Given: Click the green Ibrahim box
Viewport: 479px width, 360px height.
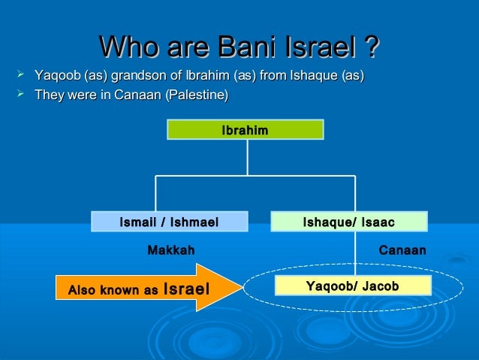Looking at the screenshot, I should (x=245, y=131).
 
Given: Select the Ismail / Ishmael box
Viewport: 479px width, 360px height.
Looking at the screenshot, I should (x=169, y=222).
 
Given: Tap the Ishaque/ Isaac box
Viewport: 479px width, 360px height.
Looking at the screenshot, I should (x=348, y=222).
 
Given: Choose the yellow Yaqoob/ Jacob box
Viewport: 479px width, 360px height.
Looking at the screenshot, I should (x=353, y=286).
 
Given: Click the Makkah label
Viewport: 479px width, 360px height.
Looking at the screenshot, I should (x=170, y=250).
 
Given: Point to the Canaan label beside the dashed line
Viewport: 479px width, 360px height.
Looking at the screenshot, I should (x=402, y=250).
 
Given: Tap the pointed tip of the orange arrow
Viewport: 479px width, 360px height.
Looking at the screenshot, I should (x=239, y=286).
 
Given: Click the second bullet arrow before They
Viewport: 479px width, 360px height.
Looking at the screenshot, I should (x=20, y=95).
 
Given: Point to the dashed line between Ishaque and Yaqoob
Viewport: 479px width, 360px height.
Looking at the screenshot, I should (x=354, y=254).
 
